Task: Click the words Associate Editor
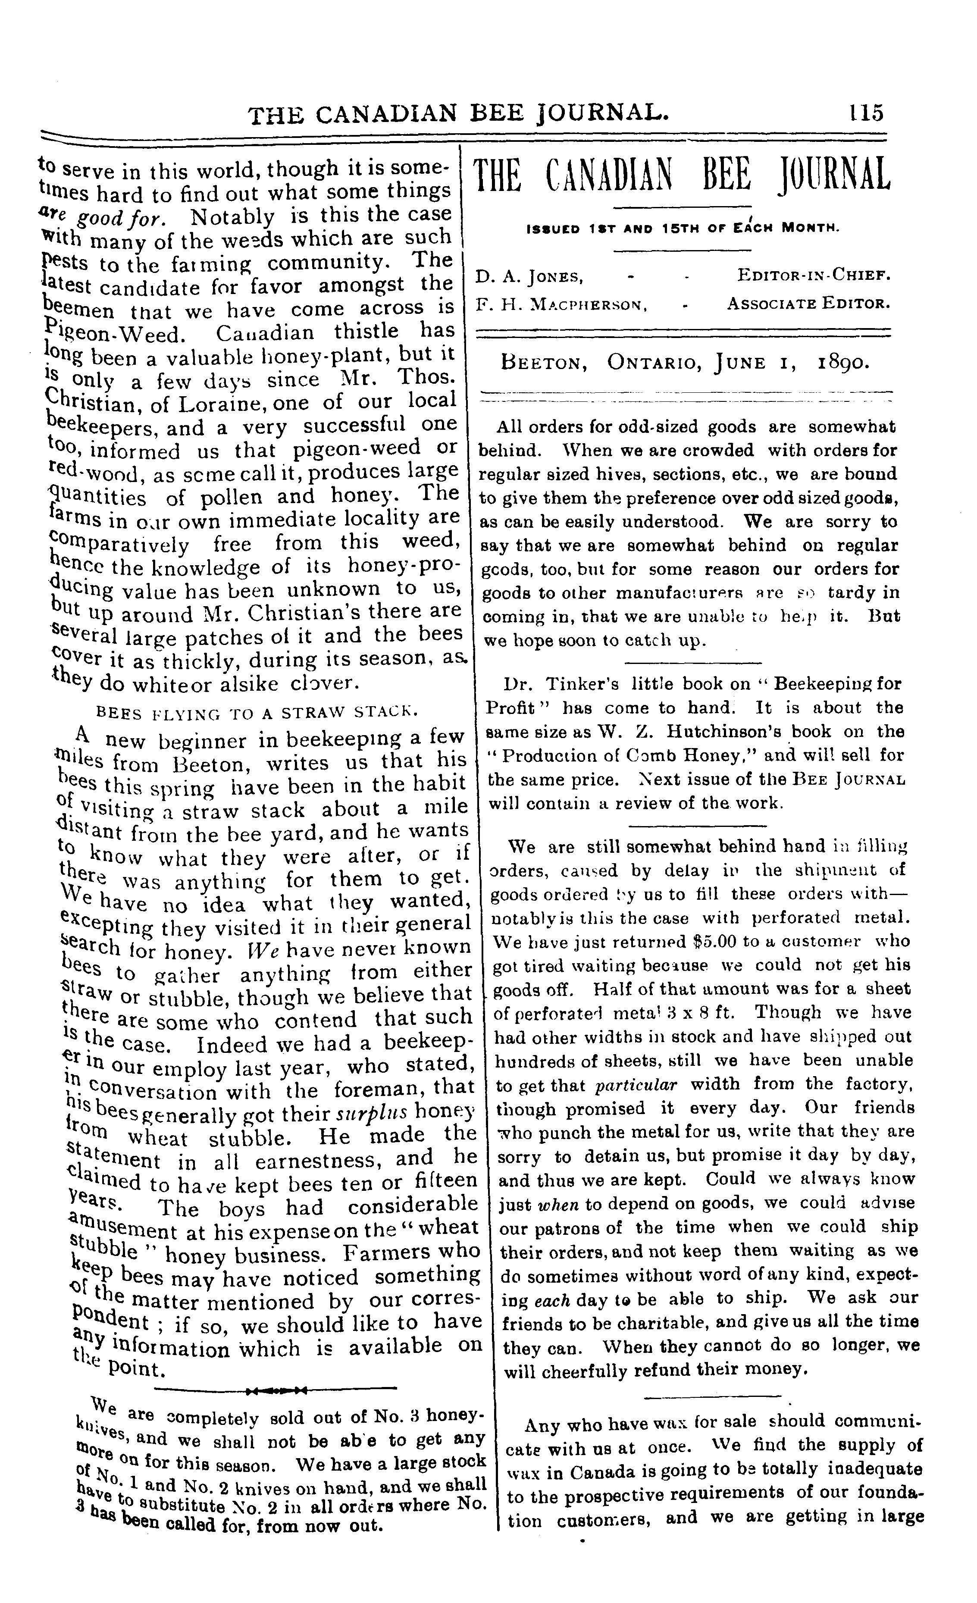coord(808,303)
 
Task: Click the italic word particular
coord(637,1084)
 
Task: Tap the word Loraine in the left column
coord(221,404)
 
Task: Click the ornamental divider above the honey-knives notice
coord(275,1390)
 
